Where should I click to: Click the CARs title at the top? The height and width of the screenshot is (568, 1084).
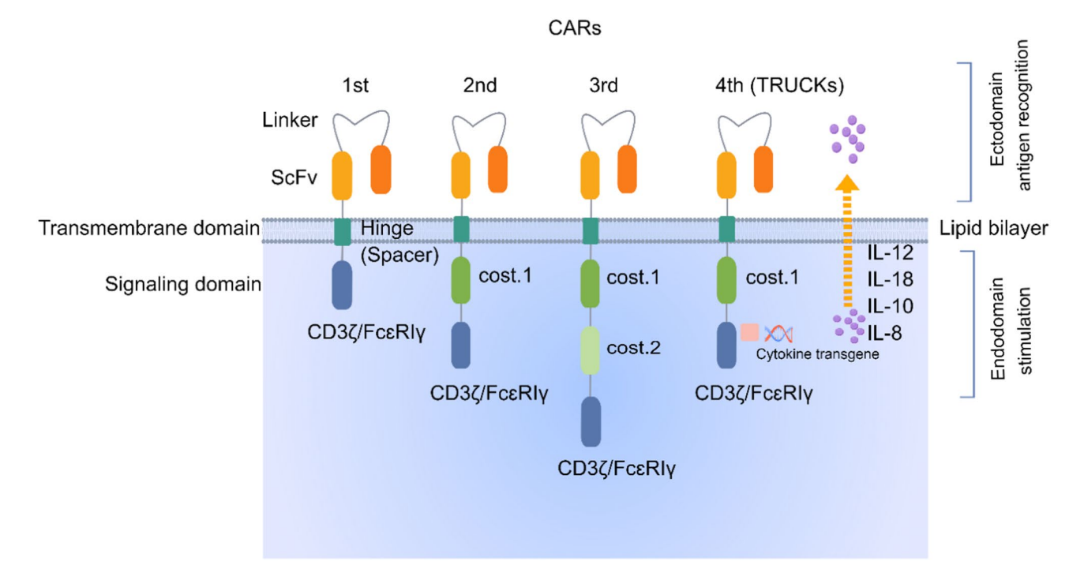[x=576, y=29]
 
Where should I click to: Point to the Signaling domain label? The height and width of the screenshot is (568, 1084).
[x=183, y=284]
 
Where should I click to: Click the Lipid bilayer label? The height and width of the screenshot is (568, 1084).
[x=994, y=229]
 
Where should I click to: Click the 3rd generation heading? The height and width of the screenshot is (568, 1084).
[x=598, y=84]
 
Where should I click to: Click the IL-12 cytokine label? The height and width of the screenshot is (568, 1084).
[x=890, y=254]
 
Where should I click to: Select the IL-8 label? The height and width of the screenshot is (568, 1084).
[x=885, y=334]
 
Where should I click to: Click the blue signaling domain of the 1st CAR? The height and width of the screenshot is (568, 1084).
[x=342, y=286]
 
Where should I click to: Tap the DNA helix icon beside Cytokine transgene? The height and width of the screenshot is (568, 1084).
[x=778, y=333]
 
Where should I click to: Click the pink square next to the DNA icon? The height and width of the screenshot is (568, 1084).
[x=749, y=332]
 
